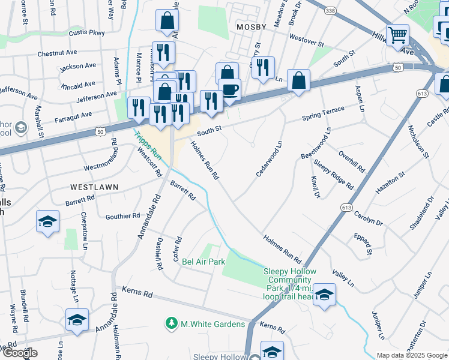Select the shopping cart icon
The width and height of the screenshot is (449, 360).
pos(397,35)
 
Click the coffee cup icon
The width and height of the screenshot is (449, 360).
pos(229,90)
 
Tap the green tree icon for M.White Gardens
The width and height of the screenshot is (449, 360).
pos(172,324)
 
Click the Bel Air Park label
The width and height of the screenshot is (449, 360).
pos(203,262)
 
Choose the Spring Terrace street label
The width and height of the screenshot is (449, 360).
pos(323,113)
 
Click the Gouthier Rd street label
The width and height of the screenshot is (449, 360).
pos(122,216)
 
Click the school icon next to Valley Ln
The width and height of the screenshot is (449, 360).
pos(324,295)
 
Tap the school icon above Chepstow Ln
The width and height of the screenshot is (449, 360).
pos(48,221)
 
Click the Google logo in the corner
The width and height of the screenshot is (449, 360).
pos(19,353)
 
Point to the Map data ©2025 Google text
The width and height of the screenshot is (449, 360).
pos(412,355)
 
